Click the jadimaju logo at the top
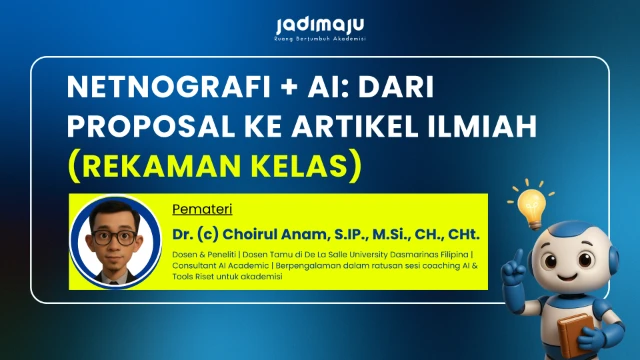click(x=319, y=25)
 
